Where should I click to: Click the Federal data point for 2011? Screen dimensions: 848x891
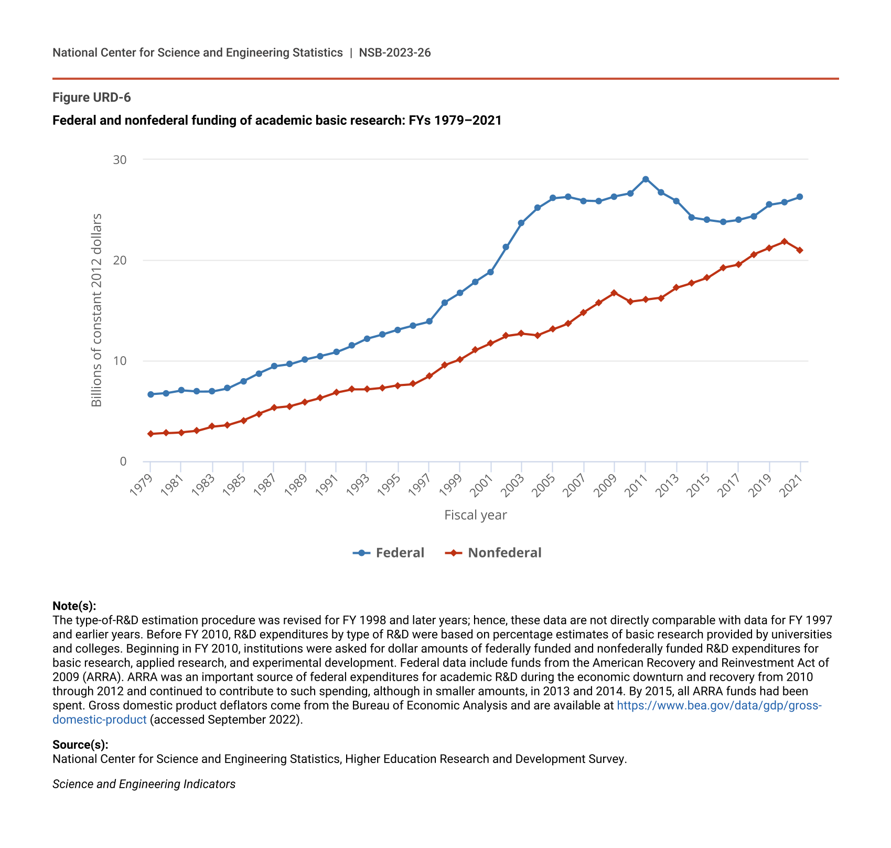646,179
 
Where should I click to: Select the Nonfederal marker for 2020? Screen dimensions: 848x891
785,242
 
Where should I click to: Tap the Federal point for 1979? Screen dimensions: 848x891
151,394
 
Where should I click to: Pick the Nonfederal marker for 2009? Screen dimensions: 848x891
614,293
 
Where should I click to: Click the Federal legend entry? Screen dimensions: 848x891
389,553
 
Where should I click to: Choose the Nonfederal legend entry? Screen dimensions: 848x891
493,553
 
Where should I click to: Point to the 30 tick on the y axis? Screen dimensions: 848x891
120,159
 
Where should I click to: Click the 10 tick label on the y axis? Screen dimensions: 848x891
120,361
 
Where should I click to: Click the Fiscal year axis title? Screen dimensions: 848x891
475,515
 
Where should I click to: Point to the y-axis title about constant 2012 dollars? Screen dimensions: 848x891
96,310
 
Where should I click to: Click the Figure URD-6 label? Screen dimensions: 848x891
92,98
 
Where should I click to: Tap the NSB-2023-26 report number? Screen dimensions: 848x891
394,52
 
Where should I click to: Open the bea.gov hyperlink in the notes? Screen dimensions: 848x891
718,705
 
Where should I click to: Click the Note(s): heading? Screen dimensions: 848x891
74,606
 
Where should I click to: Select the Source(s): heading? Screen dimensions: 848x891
80,745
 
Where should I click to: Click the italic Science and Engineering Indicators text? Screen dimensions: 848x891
144,784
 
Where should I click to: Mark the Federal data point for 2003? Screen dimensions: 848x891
521,223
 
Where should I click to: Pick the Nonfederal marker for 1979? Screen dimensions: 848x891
151,434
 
